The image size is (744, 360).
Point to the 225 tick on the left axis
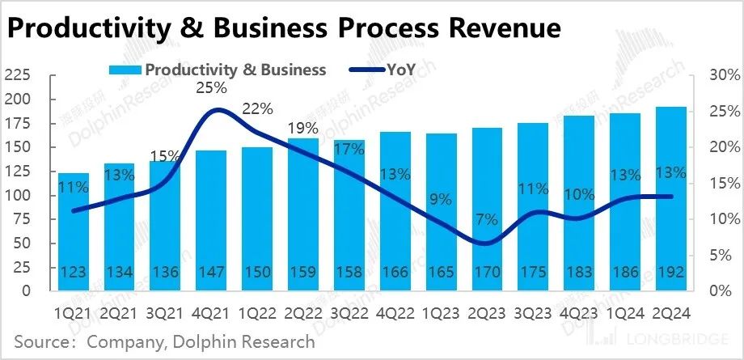[17, 75]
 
